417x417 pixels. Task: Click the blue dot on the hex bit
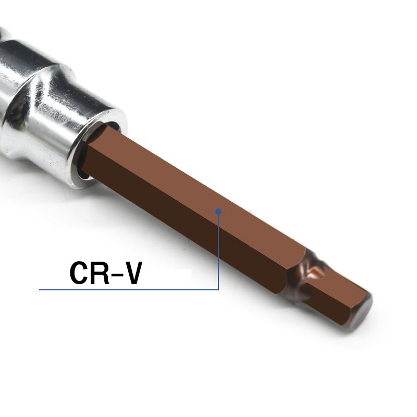[x=218, y=212]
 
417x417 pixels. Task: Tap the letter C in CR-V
[x=79, y=273]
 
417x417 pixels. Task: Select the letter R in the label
[x=100, y=273]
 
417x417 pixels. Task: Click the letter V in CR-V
[x=132, y=273]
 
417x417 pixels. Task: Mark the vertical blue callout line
[x=218, y=251]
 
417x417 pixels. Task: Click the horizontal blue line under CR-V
[x=129, y=289]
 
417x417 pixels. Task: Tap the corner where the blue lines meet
[x=218, y=289]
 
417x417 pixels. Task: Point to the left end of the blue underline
[x=40, y=289]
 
